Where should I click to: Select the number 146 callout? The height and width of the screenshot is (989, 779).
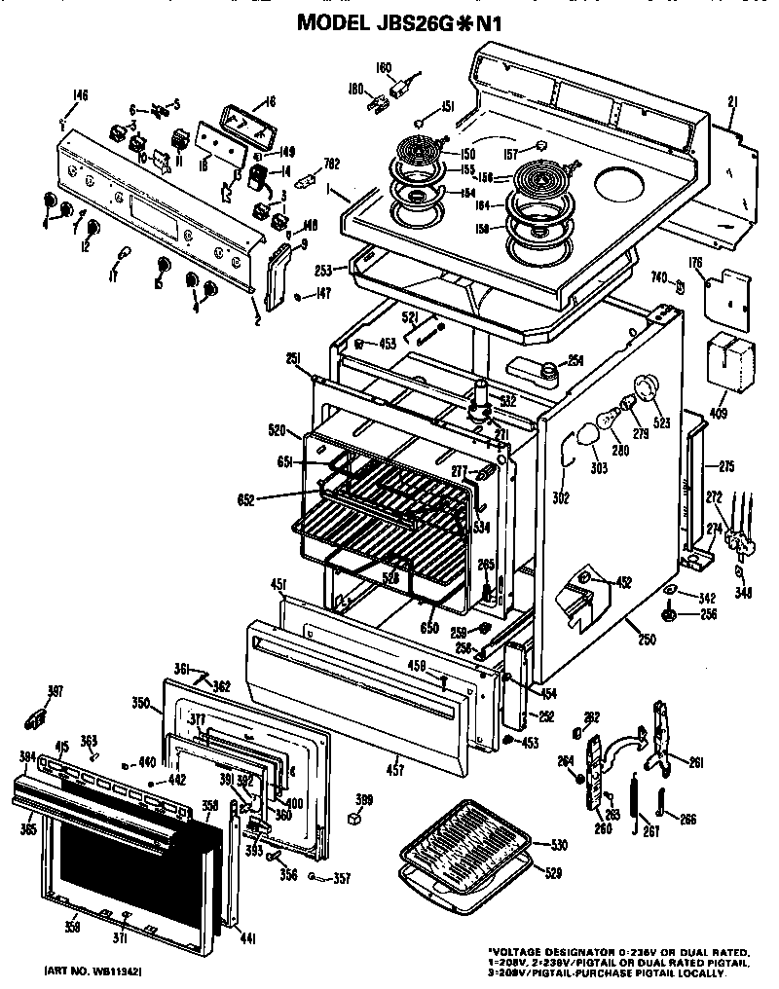[x=80, y=95]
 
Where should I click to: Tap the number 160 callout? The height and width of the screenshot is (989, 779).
[x=383, y=68]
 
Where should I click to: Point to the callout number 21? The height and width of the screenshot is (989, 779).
[x=732, y=100]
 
